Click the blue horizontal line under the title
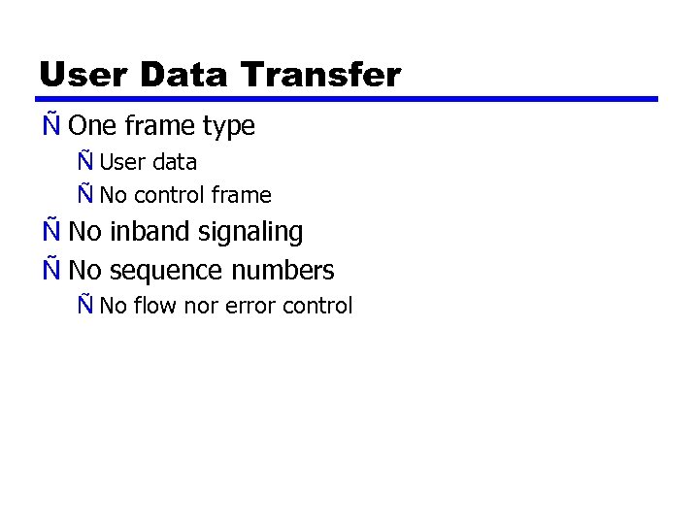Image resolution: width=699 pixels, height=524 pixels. click(x=348, y=99)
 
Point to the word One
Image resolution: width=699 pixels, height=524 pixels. click(x=92, y=126)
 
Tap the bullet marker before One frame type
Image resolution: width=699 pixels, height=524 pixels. click(x=50, y=125)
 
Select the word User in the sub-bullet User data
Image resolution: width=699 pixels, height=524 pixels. click(x=119, y=162)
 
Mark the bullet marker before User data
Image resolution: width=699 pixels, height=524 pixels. click(x=85, y=161)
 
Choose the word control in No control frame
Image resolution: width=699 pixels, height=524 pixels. click(x=169, y=195)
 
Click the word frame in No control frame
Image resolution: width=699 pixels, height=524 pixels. click(x=241, y=195)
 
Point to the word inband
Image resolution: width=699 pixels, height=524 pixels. click(x=150, y=232)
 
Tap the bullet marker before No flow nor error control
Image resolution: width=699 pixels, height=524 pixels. click(x=85, y=305)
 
